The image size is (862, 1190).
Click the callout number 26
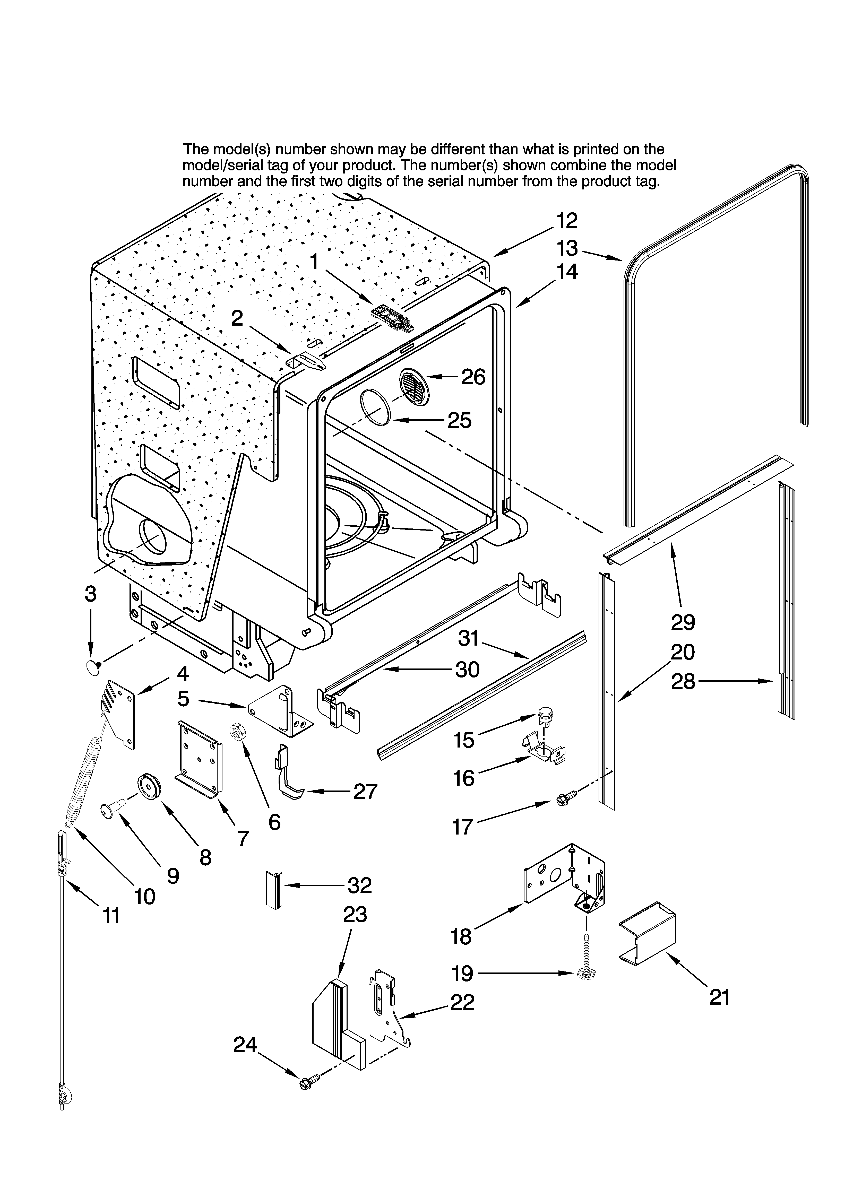[473, 377]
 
